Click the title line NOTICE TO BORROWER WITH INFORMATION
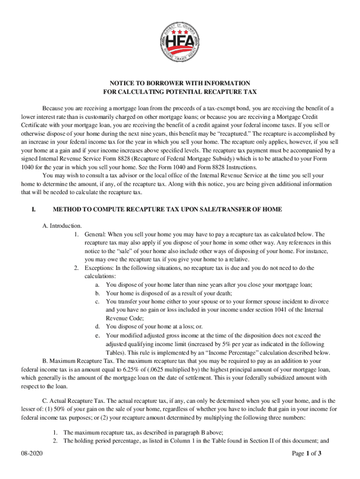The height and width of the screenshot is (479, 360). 180,83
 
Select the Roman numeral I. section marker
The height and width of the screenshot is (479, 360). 34,209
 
